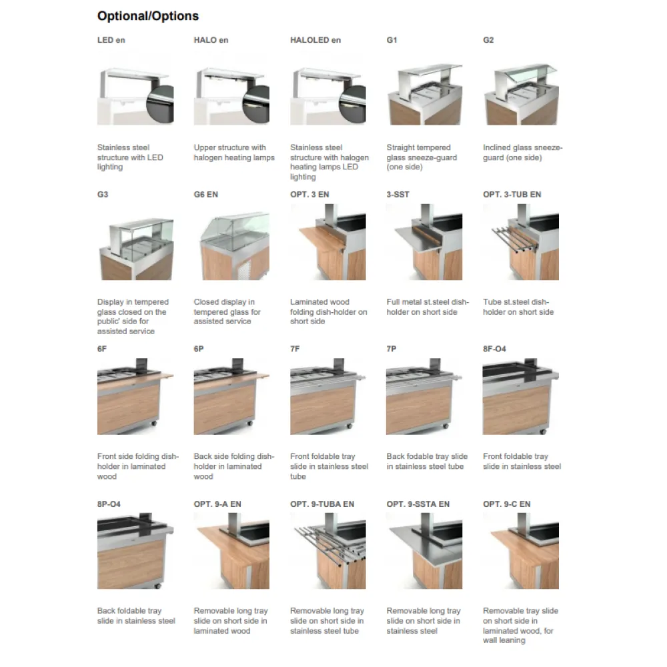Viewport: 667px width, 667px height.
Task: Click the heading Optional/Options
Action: (x=148, y=16)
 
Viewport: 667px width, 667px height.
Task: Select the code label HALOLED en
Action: (x=315, y=40)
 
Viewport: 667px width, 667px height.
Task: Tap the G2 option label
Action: (x=488, y=40)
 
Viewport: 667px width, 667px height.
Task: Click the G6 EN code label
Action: (x=206, y=195)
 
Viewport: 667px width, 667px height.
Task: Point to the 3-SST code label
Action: (x=398, y=195)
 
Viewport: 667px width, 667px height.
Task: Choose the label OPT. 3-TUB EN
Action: (x=512, y=195)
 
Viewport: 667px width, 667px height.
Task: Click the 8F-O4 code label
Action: (x=495, y=349)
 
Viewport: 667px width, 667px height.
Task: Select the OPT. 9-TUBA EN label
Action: (x=322, y=504)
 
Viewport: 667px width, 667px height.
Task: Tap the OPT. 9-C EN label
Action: (x=507, y=504)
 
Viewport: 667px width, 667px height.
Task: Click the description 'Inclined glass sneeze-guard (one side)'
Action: (x=522, y=153)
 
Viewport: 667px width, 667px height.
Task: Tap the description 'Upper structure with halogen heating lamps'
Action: (x=234, y=153)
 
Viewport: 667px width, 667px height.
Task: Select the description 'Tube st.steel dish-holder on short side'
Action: (x=518, y=307)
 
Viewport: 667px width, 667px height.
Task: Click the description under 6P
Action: (x=233, y=466)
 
